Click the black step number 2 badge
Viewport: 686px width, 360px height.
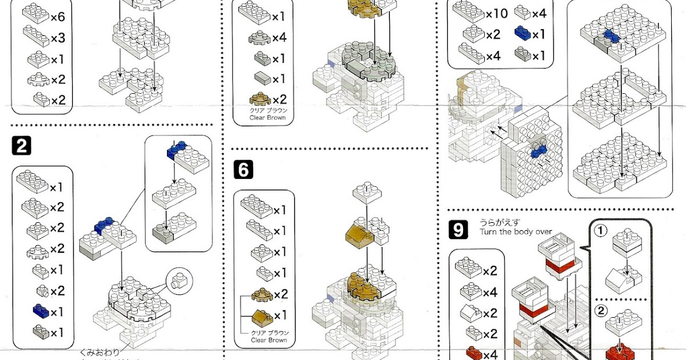tap(21, 147)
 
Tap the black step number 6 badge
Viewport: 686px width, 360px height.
tap(243, 170)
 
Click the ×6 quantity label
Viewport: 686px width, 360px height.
tap(57, 17)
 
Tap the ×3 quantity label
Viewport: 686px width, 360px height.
tap(57, 38)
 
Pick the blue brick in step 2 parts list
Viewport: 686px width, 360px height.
tap(41, 311)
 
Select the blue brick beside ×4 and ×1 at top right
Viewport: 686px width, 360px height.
tap(522, 34)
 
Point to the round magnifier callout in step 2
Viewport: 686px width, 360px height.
tap(180, 279)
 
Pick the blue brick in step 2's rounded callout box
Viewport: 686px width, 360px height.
tap(175, 150)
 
